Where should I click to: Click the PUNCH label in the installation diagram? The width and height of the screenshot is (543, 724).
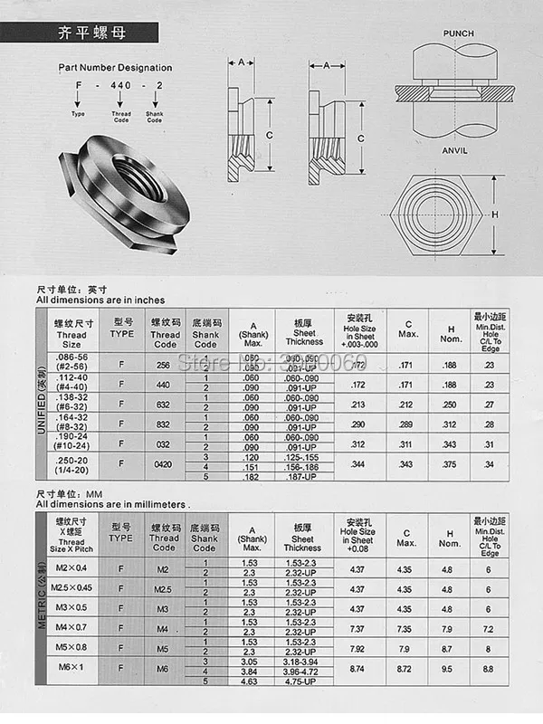point(458,33)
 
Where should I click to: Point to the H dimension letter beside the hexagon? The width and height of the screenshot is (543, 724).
point(495,215)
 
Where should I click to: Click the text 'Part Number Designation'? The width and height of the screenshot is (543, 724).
point(115,68)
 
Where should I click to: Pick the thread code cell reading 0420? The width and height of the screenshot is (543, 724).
point(165,464)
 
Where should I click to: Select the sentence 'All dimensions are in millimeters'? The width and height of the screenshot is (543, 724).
point(113,504)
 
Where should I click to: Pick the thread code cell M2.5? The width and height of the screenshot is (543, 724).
point(164,588)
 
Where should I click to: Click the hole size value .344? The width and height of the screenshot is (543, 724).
point(359,464)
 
